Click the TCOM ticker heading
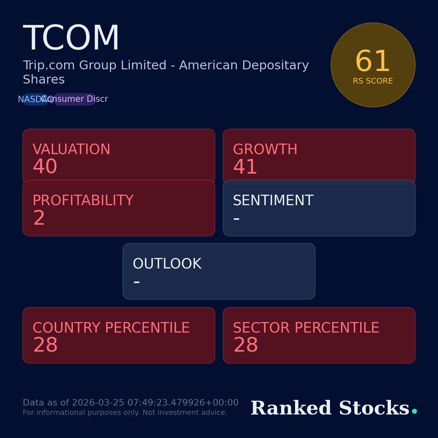71,39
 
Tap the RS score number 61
373,62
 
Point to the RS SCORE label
373,81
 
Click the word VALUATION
71,150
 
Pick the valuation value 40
45,167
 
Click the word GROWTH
265,150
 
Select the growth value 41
245,167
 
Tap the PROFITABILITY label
83,201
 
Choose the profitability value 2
39,219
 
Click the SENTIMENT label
273,201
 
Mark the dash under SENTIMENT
236,219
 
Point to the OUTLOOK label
167,264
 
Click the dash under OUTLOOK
136,282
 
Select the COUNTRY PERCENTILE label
111,328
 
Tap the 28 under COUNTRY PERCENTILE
45,346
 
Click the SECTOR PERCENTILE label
306,328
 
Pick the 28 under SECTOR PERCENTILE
246,346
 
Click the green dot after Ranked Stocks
414,411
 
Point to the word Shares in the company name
44,80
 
